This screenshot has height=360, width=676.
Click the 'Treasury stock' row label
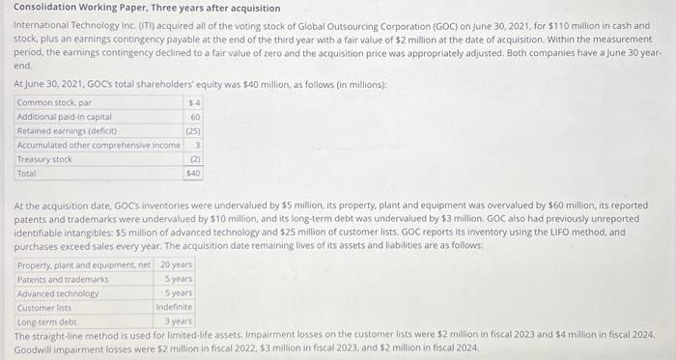coord(44,159)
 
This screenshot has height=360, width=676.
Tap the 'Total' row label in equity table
coord(27,174)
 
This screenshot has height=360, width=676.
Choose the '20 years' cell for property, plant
coord(176,264)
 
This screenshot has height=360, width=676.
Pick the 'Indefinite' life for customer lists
coord(174,307)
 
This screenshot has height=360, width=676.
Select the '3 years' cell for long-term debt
coord(179,320)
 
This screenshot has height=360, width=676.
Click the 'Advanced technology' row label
coord(58,292)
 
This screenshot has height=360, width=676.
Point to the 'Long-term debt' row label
coord(46,320)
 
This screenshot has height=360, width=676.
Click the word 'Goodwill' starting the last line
coord(32,346)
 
